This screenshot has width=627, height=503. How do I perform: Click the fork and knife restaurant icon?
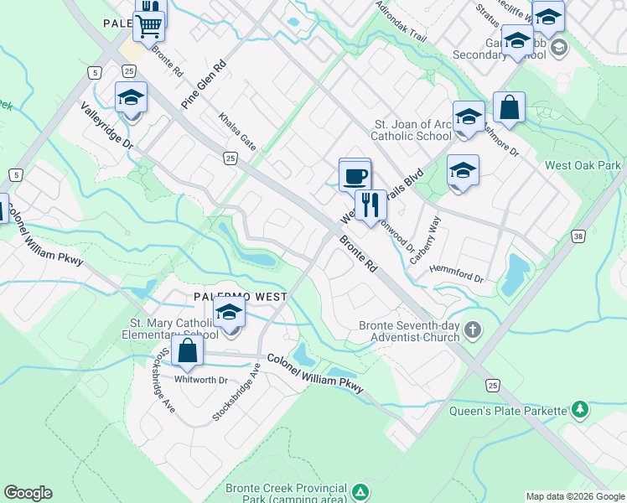pos(370,203)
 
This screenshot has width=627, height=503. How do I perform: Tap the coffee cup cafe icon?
pos(355,176)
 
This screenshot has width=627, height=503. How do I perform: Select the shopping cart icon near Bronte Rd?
pos(148,25)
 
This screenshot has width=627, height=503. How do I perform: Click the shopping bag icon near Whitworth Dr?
pos(188,350)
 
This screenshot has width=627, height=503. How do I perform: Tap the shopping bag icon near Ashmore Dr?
pos(509,106)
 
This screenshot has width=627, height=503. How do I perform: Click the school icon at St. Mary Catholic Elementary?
pos(229,314)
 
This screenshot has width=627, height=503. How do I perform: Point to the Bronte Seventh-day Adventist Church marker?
pos(473,330)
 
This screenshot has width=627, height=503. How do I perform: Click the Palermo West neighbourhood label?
pos(241,297)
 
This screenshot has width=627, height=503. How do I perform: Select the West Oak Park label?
pos(583,165)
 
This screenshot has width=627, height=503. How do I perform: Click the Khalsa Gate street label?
pos(237,132)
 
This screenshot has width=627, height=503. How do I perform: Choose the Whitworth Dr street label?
pos(200,380)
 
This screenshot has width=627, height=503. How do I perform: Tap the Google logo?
pos(28,493)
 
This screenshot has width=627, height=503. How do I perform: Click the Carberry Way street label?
pos(426,241)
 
